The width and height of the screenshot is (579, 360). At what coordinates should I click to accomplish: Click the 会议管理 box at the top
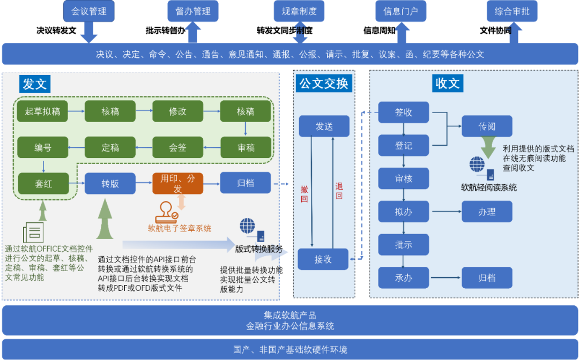[x=89, y=11]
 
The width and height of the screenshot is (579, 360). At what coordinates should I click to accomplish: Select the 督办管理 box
[x=193, y=11]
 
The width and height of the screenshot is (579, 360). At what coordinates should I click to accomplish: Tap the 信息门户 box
[x=400, y=11]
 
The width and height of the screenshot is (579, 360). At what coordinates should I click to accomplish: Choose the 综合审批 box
[x=512, y=11]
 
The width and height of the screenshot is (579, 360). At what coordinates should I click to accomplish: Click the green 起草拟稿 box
[x=42, y=111]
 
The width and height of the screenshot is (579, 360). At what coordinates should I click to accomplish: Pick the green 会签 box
[x=178, y=147]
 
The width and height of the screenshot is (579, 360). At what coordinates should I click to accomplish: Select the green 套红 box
[x=43, y=183]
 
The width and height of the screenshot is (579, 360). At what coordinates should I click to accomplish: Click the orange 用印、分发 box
[x=178, y=183]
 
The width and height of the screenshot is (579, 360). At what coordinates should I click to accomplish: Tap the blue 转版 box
[x=110, y=183]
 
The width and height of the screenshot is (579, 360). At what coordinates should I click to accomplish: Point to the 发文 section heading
[x=35, y=84]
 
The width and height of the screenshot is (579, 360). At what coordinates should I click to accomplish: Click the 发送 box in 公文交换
[x=324, y=126]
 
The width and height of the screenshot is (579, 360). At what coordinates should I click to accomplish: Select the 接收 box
[x=323, y=259]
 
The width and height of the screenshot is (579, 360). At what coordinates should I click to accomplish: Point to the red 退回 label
[x=339, y=191]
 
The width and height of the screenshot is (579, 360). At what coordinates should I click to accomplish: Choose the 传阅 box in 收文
[x=487, y=126]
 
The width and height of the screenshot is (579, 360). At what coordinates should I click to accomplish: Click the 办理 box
[x=487, y=212]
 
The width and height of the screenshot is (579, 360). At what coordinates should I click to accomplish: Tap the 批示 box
[x=404, y=244]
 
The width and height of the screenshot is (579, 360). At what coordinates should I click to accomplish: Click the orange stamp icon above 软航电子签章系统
[x=166, y=212]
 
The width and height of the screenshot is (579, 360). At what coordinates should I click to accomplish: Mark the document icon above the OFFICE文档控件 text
[x=33, y=232]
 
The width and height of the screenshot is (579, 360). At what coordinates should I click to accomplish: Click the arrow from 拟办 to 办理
[x=445, y=212]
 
